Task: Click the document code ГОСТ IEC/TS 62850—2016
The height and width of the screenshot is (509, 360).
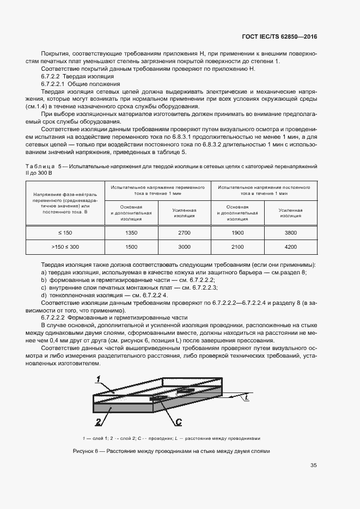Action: pyautogui.click(x=279, y=37)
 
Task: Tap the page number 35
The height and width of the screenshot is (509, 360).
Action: pyautogui.click(x=313, y=465)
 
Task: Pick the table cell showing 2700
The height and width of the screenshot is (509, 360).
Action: pyautogui.click(x=184, y=232)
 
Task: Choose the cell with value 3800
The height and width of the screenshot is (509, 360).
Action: pyautogui.click(x=290, y=232)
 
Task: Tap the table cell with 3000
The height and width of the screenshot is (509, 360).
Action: pyautogui.click(x=184, y=247)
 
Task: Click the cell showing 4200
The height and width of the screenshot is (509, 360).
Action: pyautogui.click(x=290, y=247)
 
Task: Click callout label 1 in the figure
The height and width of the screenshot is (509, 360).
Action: pyautogui.click(x=97, y=378)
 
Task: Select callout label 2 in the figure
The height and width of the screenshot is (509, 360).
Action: pyautogui.click(x=98, y=422)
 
